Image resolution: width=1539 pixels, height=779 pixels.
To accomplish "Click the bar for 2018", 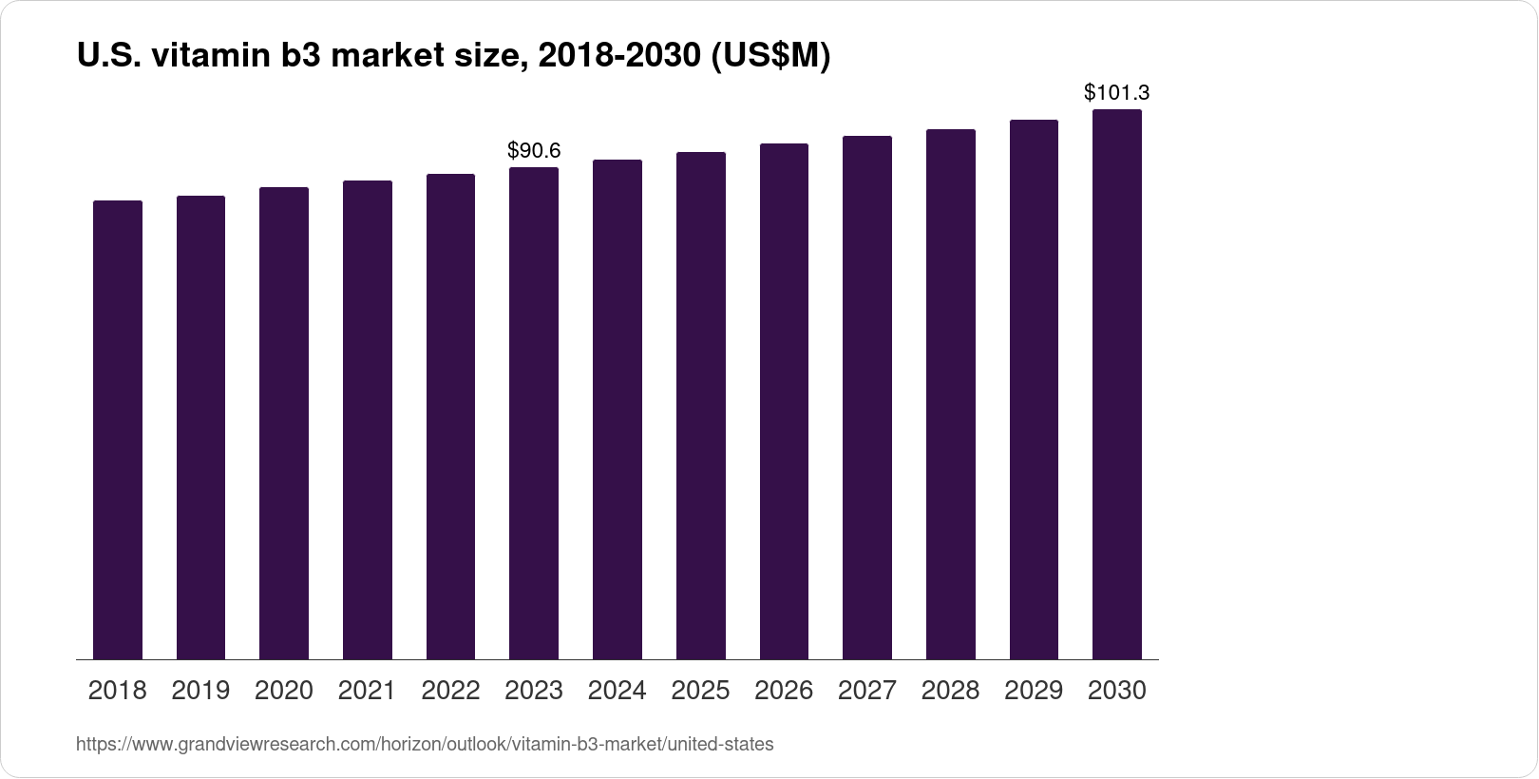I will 117,429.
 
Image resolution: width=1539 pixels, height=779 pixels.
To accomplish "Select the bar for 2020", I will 284,423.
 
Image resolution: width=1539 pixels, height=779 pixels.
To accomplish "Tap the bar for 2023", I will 534,413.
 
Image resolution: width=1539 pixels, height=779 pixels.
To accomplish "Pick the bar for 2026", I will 784,401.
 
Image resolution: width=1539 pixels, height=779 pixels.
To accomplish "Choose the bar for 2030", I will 1117,384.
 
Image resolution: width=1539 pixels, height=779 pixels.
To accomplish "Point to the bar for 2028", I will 951,394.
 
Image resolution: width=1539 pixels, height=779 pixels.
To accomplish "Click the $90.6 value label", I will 534,150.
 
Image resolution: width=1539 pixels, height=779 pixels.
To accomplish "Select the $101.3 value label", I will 1117,93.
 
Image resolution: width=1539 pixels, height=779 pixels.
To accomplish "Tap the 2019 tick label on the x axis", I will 200,690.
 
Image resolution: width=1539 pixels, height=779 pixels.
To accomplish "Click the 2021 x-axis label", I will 367,690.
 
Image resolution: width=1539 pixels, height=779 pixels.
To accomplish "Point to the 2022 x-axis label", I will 450,690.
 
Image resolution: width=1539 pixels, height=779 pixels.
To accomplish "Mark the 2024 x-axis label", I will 617,690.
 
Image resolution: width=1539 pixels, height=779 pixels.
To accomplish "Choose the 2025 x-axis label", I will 700,690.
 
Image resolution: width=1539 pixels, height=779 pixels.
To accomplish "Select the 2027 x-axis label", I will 867,690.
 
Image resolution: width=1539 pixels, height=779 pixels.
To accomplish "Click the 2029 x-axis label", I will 1034,690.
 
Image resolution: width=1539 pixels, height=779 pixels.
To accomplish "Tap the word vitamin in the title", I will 206,57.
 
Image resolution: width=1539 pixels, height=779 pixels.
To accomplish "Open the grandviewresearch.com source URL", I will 425,745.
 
